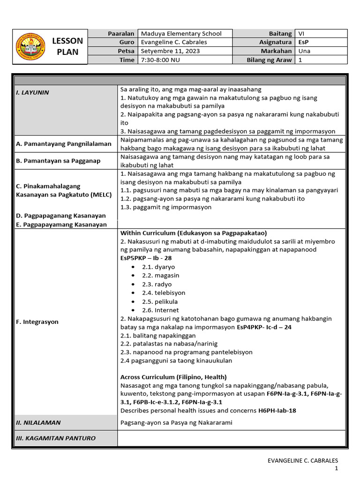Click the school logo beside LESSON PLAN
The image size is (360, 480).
pyautogui.click(x=31, y=47)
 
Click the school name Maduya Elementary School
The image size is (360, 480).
pyautogui.click(x=181, y=33)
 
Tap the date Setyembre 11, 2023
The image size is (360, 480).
pyautogui.click(x=166, y=51)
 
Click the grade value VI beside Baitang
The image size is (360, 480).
pyautogui.click(x=301, y=33)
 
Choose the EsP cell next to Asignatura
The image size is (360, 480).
pyautogui.click(x=304, y=42)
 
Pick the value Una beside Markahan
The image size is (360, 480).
pyautogui.click(x=304, y=51)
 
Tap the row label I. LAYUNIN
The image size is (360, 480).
pyautogui.click(x=32, y=92)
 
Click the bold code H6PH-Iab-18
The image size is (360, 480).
pyautogui.click(x=277, y=411)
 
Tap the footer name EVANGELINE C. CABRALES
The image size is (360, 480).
pyautogui.click(x=302, y=461)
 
